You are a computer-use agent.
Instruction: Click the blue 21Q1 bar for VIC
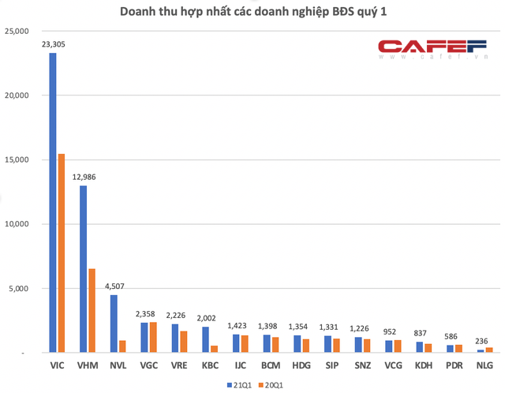[53, 203]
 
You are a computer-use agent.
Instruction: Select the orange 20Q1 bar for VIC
[61, 253]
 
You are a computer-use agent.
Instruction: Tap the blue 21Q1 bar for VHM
[84, 269]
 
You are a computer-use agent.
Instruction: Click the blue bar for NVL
[114, 324]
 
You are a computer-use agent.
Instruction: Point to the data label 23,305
[53, 45]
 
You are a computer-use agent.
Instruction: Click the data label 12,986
[84, 178]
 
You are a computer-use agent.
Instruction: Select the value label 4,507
[114, 286]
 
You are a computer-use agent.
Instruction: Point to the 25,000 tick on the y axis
[16, 32]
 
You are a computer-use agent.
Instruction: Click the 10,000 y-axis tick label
[16, 224]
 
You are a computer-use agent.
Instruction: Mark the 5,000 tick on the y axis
[18, 289]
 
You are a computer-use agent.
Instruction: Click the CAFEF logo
[431, 49]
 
